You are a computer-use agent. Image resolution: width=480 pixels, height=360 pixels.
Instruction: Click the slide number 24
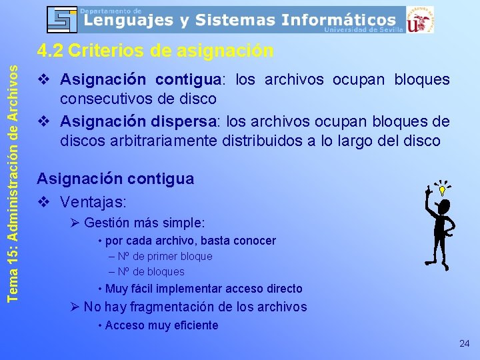(464, 343)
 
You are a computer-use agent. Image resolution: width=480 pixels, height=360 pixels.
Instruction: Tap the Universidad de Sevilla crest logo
(420, 19)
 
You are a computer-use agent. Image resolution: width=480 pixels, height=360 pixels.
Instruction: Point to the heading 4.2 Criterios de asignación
(155, 51)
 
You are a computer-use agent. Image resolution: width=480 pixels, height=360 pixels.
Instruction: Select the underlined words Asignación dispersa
(141, 122)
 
